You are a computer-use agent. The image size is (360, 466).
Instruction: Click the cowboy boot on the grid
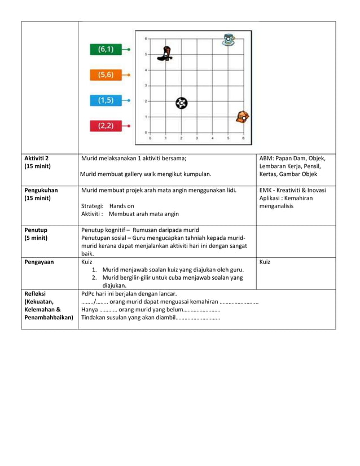pos(165,54)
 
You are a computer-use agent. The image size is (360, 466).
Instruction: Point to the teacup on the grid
pos(229,39)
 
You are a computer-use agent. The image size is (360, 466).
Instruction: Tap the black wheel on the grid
pos(181,103)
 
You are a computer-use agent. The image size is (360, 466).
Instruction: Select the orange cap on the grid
pos(243,117)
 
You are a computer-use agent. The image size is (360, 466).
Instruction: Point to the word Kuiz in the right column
pos(266,262)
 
